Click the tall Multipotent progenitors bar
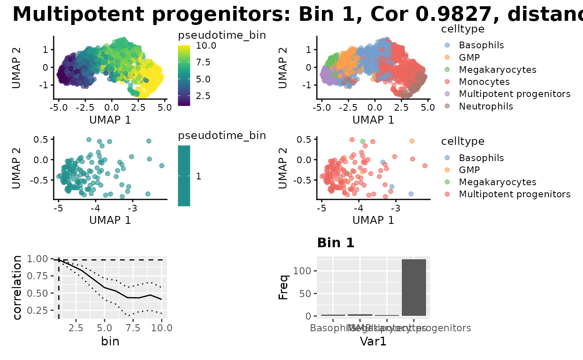point(414,287)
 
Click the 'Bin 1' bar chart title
point(336,243)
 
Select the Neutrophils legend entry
point(486,106)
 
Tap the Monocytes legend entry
point(484,82)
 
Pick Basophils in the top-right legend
point(481,45)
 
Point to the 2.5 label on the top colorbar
point(204,96)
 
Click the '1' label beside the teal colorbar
point(198,176)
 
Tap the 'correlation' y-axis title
point(17,288)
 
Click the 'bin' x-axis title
point(110,342)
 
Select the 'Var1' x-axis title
point(373,342)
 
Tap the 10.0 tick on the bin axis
point(162,328)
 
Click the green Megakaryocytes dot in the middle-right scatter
point(363,142)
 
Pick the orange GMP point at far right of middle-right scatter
point(412,141)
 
